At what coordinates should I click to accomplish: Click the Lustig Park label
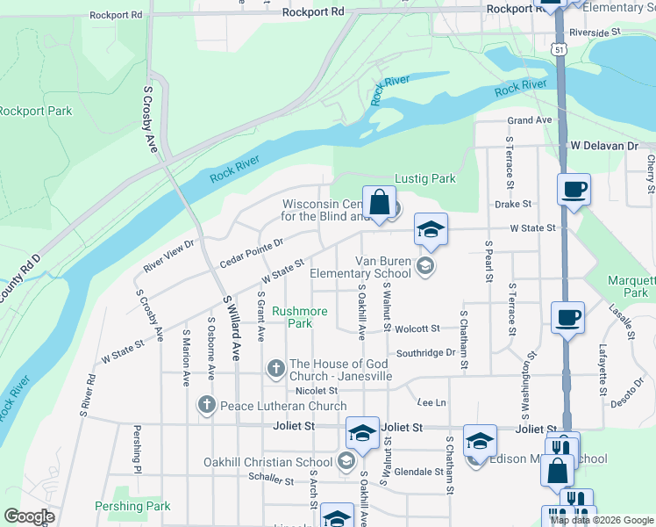click(x=425, y=178)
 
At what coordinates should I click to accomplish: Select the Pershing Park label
click(x=132, y=506)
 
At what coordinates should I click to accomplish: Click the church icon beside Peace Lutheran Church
click(x=206, y=405)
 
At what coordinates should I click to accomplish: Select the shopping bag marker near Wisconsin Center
click(x=379, y=203)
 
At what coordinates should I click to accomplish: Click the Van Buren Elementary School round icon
click(x=425, y=266)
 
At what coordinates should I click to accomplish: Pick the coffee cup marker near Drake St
click(x=574, y=190)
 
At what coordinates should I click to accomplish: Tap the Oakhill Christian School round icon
click(x=346, y=460)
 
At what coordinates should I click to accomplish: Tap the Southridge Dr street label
click(x=426, y=353)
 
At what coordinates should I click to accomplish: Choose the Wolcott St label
click(x=417, y=328)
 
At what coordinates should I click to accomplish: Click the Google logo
click(x=29, y=516)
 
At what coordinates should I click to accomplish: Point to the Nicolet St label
click(x=317, y=390)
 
